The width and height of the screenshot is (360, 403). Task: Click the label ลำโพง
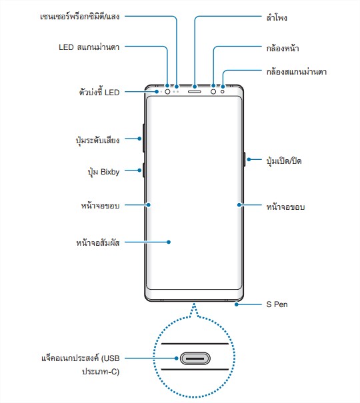[x=277, y=17]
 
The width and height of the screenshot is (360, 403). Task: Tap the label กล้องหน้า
[x=283, y=48]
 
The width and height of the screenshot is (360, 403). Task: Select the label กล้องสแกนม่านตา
[x=296, y=71]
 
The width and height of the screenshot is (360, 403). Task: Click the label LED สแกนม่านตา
[x=89, y=47]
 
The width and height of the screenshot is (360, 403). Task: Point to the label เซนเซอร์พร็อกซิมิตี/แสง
[x=80, y=17]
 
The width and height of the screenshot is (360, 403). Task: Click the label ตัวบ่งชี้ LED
[x=99, y=92]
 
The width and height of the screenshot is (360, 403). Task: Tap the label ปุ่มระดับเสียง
[x=98, y=141]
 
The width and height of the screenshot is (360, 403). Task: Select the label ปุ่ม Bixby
[x=103, y=172]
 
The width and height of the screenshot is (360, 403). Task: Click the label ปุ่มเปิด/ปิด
[x=284, y=161]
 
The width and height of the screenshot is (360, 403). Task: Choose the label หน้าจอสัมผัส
[x=98, y=242]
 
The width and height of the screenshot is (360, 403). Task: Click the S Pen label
[x=277, y=304]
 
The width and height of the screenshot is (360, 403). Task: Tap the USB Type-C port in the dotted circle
[x=195, y=358]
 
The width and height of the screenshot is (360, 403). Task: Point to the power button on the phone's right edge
[x=244, y=159]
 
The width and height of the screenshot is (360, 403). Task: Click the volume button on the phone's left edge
[x=143, y=138]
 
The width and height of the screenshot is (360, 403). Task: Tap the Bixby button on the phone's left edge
[x=143, y=170]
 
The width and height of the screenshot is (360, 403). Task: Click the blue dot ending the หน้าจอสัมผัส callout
[x=169, y=242]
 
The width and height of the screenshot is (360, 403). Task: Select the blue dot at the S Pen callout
[x=236, y=304]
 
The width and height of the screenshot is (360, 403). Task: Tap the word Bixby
[x=110, y=172]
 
